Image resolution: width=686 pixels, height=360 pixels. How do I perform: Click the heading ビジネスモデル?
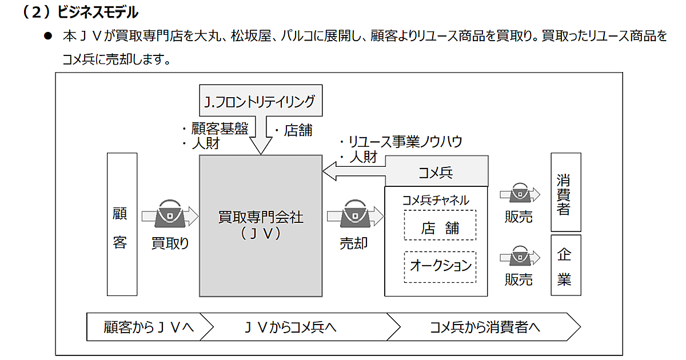98,11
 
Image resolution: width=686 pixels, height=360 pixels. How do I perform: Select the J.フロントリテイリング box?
260,101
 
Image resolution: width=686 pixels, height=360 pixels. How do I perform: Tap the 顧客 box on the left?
122,224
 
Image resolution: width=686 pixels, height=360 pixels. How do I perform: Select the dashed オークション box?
440,266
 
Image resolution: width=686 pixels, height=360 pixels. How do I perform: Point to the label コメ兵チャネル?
436,200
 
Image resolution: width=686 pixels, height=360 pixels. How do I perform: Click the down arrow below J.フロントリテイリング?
261,137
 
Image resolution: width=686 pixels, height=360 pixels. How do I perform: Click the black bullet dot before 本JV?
48,35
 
